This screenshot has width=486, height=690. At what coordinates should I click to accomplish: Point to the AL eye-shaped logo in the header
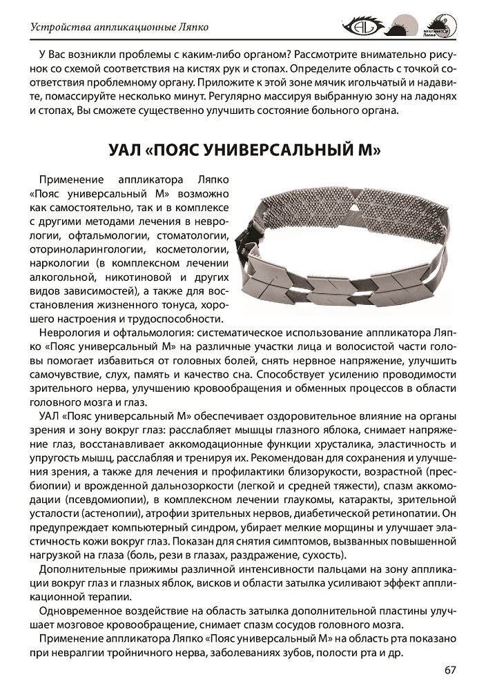pyautogui.click(x=361, y=27)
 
